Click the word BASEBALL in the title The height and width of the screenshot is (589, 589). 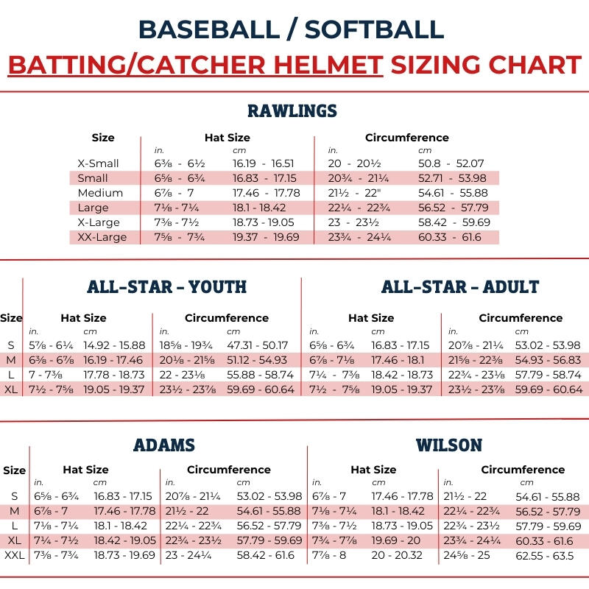point(208,29)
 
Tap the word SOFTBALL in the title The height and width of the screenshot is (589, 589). point(374,29)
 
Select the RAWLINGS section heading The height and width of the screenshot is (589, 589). point(292,111)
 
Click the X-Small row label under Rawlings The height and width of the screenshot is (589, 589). point(98,163)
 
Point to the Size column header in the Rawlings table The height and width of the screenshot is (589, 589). point(103,138)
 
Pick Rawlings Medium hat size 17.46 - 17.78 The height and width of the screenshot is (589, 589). point(266,193)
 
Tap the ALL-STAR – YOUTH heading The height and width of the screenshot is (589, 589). point(166,286)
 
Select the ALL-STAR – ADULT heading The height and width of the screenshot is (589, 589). point(460,286)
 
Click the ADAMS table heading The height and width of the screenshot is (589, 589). point(164,445)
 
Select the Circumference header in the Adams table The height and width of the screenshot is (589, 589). point(229,470)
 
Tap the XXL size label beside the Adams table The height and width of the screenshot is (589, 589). point(15,554)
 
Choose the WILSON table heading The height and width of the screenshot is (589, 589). point(449,445)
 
